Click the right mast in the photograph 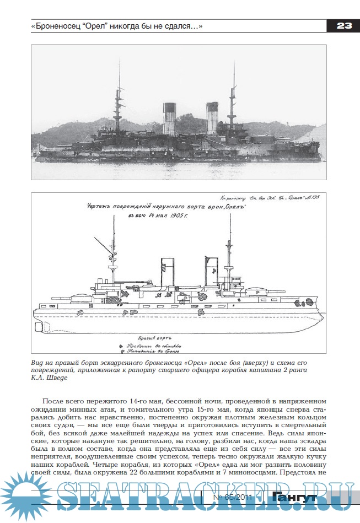coord(234,96)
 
